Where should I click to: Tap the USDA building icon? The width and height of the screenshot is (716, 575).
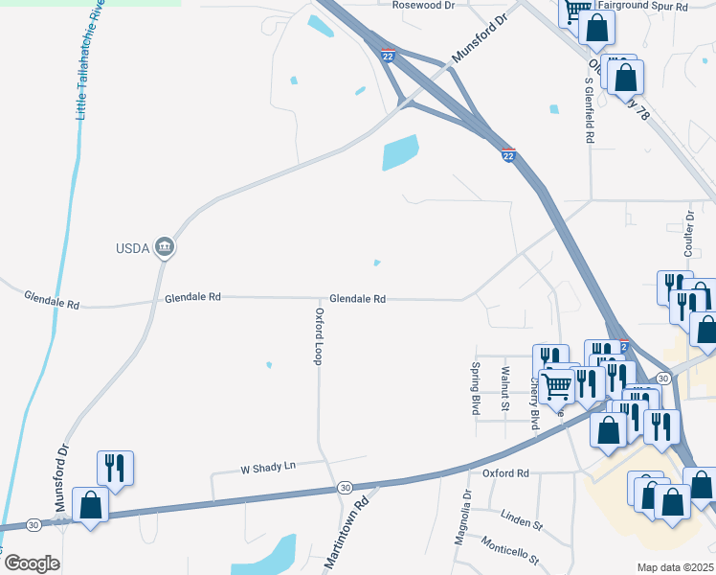click(x=165, y=248)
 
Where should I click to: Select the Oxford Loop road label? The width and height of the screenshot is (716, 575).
click(x=320, y=335)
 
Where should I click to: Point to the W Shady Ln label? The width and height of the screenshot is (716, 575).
click(x=268, y=467)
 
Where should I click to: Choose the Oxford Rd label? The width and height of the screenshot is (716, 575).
click(x=505, y=473)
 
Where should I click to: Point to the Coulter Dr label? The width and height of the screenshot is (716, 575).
click(x=688, y=234)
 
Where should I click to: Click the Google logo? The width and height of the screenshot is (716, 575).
click(x=32, y=563)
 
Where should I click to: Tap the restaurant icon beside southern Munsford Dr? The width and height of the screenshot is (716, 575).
click(x=115, y=468)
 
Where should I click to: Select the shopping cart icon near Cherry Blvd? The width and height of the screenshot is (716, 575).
click(x=557, y=387)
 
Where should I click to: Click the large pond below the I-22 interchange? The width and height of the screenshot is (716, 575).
click(x=400, y=151)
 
